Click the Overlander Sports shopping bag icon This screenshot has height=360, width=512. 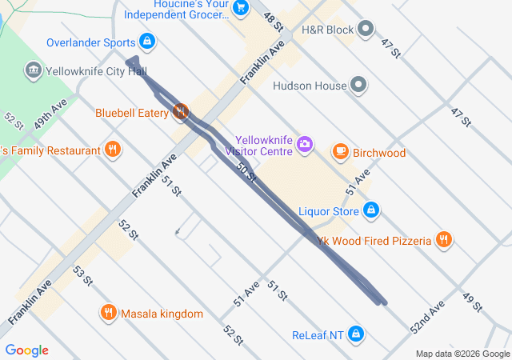(x=146, y=41)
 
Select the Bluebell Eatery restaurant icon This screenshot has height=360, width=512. (x=182, y=113)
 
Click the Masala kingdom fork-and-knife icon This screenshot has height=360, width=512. (x=108, y=313)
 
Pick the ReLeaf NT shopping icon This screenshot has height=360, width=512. (x=356, y=334)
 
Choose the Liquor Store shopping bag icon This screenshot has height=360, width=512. (x=370, y=211)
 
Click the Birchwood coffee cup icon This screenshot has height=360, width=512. (x=341, y=152)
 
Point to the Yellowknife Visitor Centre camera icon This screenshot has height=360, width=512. (x=304, y=144)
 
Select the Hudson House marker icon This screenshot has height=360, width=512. (x=359, y=86)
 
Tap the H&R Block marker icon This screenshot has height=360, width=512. (x=366, y=30)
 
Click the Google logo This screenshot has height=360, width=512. (x=26, y=350)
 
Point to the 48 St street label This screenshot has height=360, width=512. (x=273, y=22)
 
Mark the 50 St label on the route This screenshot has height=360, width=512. (x=246, y=170)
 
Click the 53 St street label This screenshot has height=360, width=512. (x=83, y=278)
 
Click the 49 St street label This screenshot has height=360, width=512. (x=473, y=303)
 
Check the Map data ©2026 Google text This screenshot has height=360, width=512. (x=462, y=354)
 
